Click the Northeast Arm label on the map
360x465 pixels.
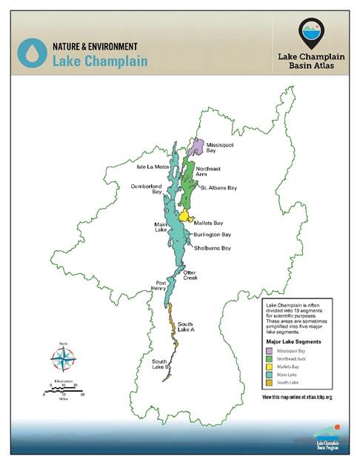click(209, 173)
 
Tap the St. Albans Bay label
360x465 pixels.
click(219, 188)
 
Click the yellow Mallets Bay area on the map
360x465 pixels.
click(184, 215)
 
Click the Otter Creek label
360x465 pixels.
click(191, 275)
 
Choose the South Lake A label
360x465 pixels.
click(186, 327)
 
